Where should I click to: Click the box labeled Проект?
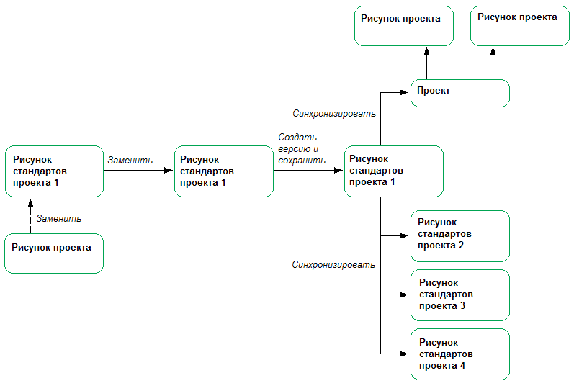459,93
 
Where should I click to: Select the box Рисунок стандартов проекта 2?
459,235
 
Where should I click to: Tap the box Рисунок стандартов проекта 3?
459,295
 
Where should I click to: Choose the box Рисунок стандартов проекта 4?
459,354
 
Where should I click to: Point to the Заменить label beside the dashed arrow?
58,218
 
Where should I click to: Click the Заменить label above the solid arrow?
130,160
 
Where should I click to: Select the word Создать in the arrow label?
297,138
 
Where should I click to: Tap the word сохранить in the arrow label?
300,161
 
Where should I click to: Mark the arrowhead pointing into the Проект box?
405,92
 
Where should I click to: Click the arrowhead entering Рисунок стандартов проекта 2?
405,235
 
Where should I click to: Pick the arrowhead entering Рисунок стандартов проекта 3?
405,295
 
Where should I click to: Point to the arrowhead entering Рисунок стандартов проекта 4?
405,354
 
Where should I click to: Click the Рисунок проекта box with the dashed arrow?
54,253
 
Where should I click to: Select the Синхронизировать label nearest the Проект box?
333,113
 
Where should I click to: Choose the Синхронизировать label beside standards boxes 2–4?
333,264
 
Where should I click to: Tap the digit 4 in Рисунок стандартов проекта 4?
462,366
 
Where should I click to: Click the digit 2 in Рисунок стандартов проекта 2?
461,246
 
